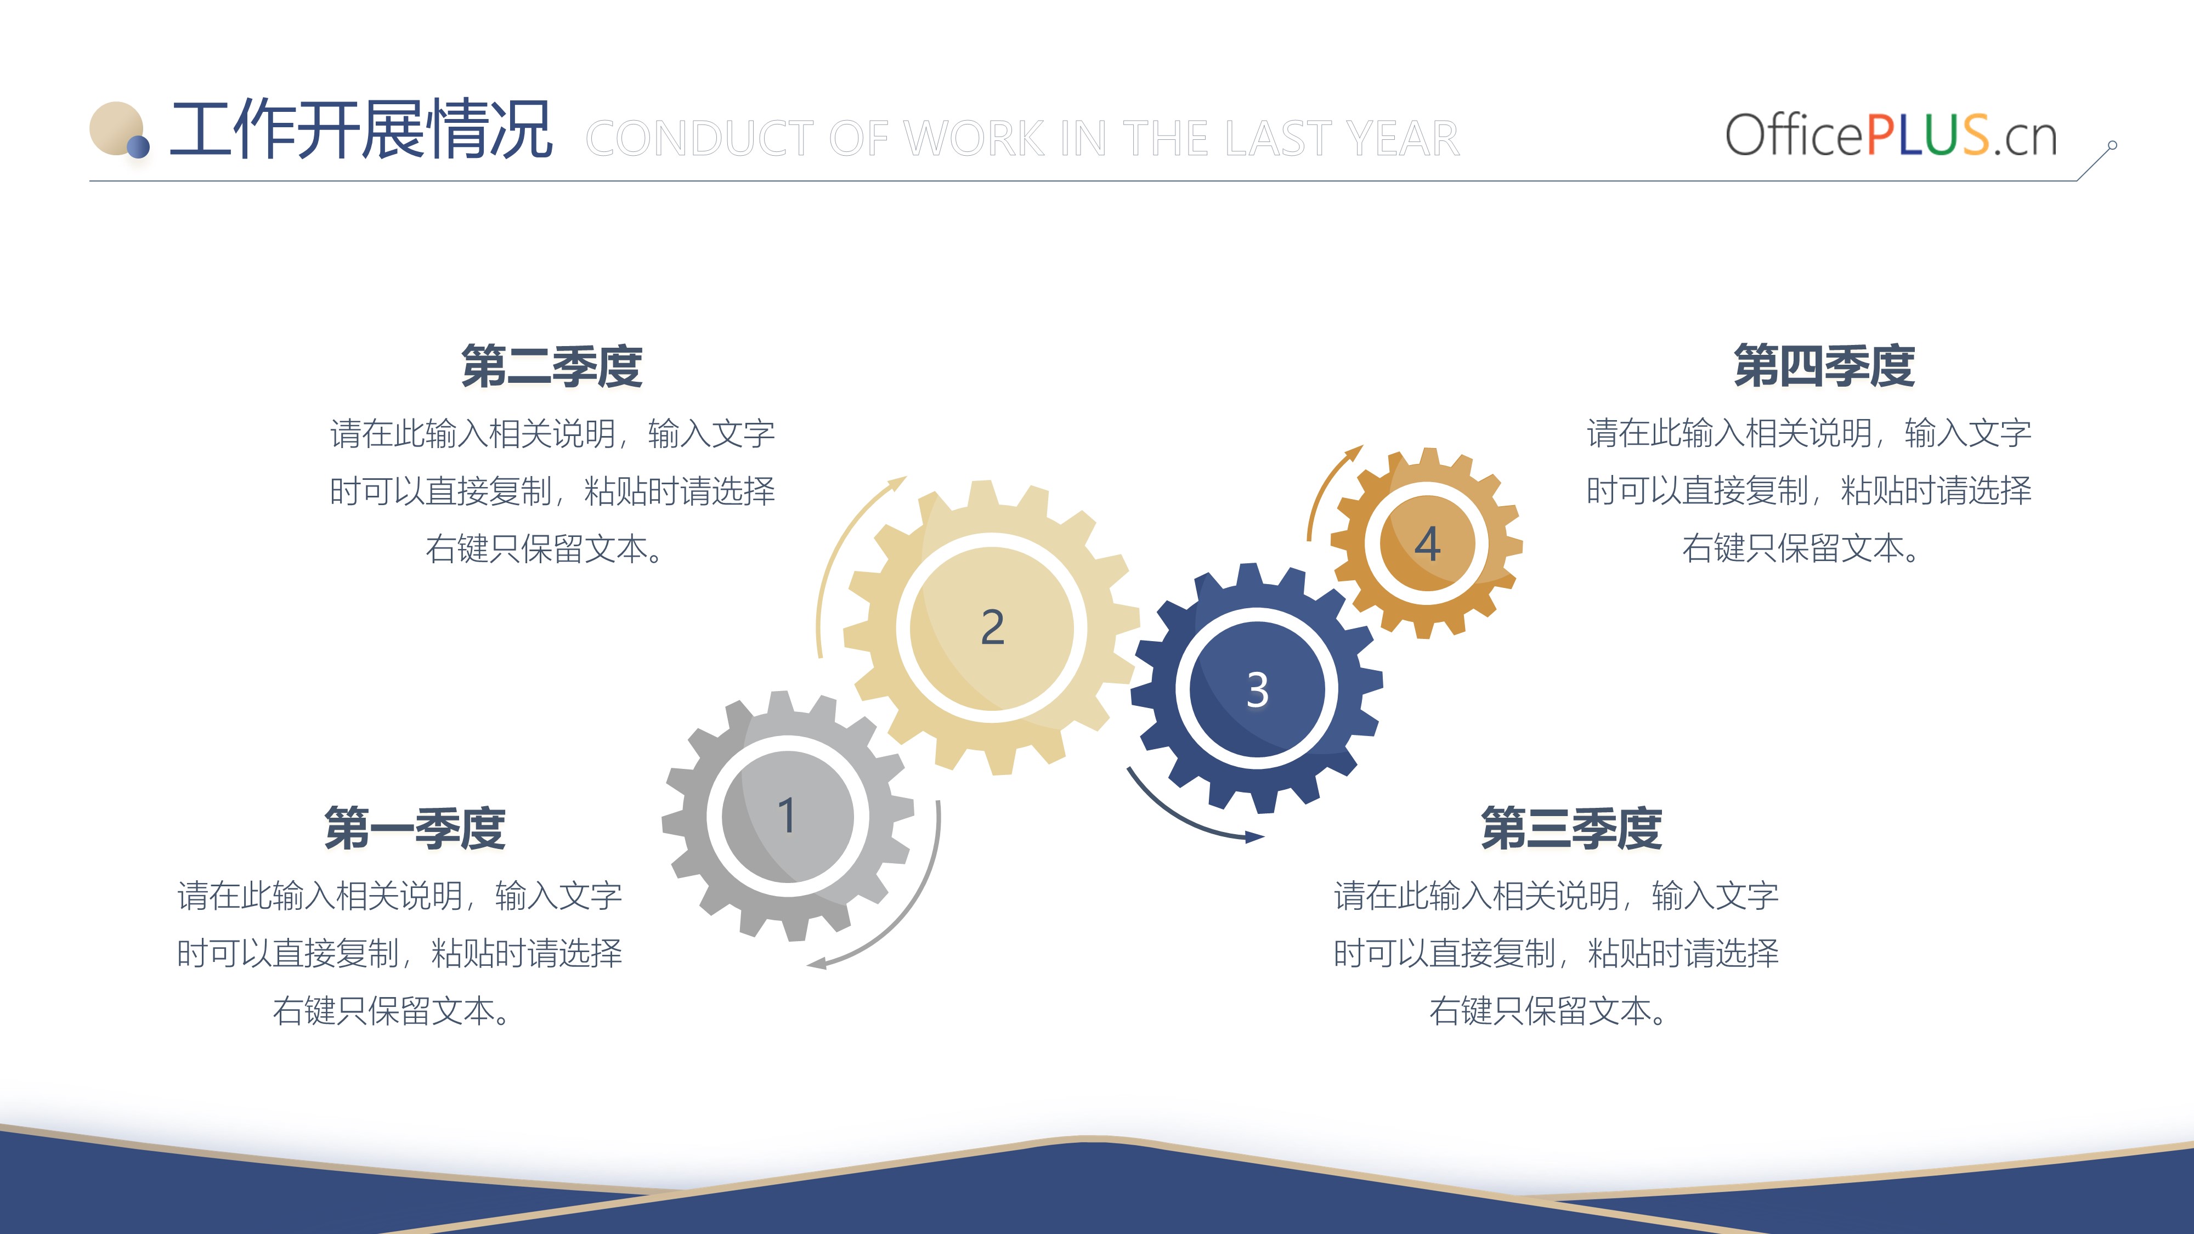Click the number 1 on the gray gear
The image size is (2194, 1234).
pyautogui.click(x=787, y=815)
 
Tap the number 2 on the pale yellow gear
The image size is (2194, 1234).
pyautogui.click(x=992, y=627)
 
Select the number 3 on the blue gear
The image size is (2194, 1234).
pyautogui.click(x=1258, y=690)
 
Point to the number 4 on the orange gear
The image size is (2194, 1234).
pyautogui.click(x=1427, y=544)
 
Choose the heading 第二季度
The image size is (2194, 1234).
pyautogui.click(x=552, y=367)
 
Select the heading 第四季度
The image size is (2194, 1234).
pyautogui.click(x=1824, y=366)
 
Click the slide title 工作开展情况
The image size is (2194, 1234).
pyautogui.click(x=361, y=129)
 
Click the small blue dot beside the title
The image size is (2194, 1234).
pyautogui.click(x=139, y=148)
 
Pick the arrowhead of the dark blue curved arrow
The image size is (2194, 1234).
pyautogui.click(x=1254, y=837)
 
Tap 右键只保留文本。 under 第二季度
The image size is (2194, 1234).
pyautogui.click(x=545, y=548)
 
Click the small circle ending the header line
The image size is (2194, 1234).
pyautogui.click(x=2112, y=146)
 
